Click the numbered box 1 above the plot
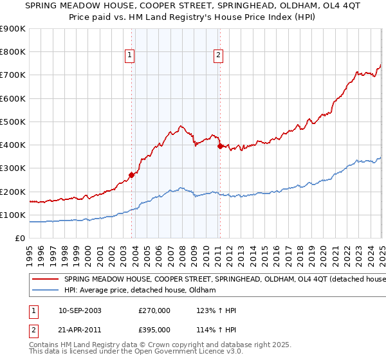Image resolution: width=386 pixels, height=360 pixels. [x=130, y=56]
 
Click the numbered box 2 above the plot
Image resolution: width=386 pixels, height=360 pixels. [x=219, y=56]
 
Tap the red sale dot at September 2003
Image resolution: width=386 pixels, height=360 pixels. [x=131, y=174]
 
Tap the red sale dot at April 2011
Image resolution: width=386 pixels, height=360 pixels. [x=220, y=146]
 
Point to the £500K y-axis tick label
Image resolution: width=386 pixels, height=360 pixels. [x=12, y=122]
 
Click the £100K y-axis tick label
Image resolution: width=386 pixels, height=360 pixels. [x=12, y=215]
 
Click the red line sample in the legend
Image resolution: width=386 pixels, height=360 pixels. [x=46, y=280]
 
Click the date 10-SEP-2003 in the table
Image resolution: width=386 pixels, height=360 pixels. [x=80, y=310]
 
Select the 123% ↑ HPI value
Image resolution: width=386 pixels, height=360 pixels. [x=216, y=310]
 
